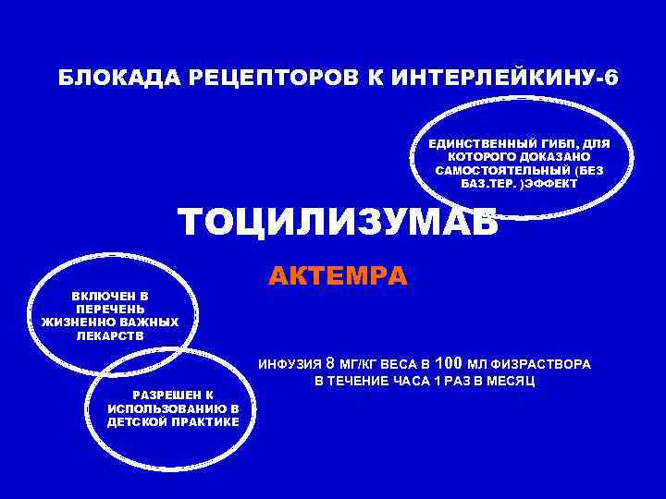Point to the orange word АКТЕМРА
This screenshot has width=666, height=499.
(338, 275)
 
